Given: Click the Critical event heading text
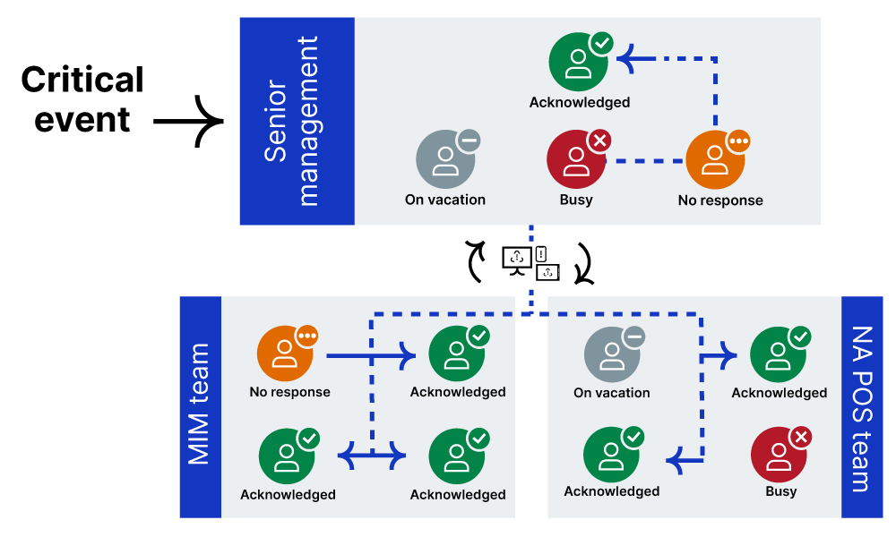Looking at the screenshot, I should click(82, 98).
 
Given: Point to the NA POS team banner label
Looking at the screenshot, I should click(862, 407).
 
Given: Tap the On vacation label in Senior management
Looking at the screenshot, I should click(445, 200).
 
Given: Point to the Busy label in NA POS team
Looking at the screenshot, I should click(780, 490).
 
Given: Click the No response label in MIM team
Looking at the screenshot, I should click(289, 392).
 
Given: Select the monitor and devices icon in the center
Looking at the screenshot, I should click(530, 260).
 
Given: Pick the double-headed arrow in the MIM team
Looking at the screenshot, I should click(372, 456).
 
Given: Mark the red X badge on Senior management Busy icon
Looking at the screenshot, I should click(599, 141).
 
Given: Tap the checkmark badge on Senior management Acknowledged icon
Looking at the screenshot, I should click(602, 43).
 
